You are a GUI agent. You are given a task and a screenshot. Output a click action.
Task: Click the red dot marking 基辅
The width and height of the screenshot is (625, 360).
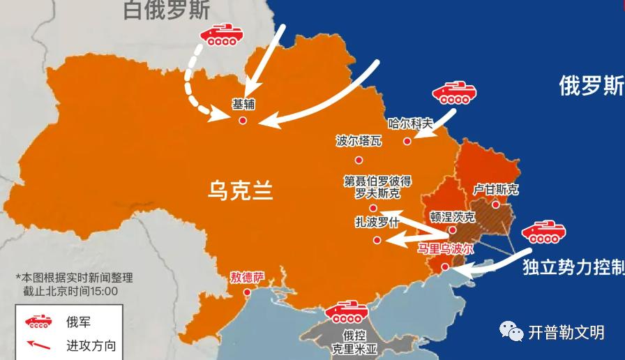[243, 121]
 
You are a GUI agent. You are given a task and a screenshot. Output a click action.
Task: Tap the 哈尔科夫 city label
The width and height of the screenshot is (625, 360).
[410, 123]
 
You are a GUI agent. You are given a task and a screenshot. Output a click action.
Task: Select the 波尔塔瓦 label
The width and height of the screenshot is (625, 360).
[359, 141]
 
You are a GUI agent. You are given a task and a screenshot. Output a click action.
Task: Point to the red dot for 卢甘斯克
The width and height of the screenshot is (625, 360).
[495, 204]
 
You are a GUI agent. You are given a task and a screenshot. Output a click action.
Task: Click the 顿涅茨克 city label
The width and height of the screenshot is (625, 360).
[453, 216]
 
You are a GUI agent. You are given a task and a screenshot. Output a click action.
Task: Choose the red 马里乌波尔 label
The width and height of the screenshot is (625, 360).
[445, 249]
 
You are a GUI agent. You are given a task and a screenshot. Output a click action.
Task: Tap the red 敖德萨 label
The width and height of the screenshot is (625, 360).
[248, 277]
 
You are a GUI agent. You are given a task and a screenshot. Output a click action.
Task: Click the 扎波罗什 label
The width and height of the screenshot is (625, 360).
[377, 223]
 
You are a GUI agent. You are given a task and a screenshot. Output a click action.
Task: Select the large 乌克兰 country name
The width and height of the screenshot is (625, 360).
[239, 190]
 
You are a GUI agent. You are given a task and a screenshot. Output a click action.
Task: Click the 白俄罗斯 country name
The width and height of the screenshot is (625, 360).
[166, 10]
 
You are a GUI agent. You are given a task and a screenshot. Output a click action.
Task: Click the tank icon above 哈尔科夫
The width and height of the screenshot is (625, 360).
[453, 93]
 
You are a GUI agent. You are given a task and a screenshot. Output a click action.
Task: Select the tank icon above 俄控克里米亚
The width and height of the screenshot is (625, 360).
[347, 311]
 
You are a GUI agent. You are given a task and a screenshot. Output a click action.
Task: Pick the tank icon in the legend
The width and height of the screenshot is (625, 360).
[39, 322]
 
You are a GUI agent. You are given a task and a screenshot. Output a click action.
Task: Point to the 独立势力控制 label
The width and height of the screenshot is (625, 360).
[573, 268]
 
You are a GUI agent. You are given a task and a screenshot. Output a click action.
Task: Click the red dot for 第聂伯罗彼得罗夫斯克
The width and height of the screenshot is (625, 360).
[373, 208]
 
